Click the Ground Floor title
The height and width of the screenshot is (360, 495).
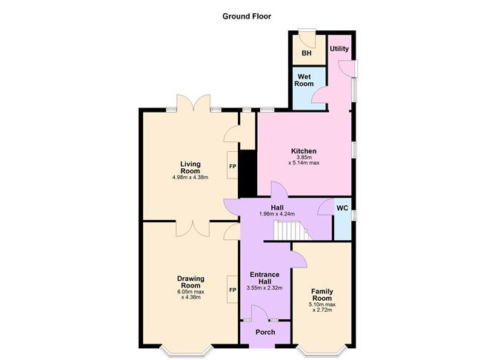point(247,16)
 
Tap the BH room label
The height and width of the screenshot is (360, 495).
point(307,53)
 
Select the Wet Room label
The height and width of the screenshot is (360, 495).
point(304,80)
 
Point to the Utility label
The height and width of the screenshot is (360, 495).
point(339,49)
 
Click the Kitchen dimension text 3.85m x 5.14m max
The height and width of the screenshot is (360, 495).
point(304,160)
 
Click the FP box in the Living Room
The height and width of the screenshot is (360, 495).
point(233,165)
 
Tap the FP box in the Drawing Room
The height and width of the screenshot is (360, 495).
point(233,290)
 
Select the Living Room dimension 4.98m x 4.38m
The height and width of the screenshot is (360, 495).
point(190,177)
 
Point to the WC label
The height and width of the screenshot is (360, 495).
point(342,208)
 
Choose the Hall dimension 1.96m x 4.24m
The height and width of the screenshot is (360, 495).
point(277,214)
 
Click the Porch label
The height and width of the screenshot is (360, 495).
point(265,333)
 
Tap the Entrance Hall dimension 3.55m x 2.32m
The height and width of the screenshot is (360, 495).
point(265,287)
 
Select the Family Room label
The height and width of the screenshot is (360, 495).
point(322,295)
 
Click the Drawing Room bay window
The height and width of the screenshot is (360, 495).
point(185,352)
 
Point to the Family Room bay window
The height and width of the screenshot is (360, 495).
point(322,352)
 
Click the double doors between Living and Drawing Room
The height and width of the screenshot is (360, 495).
point(193,229)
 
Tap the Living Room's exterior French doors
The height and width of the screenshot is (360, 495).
point(193,102)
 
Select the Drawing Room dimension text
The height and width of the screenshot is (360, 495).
point(190,294)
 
